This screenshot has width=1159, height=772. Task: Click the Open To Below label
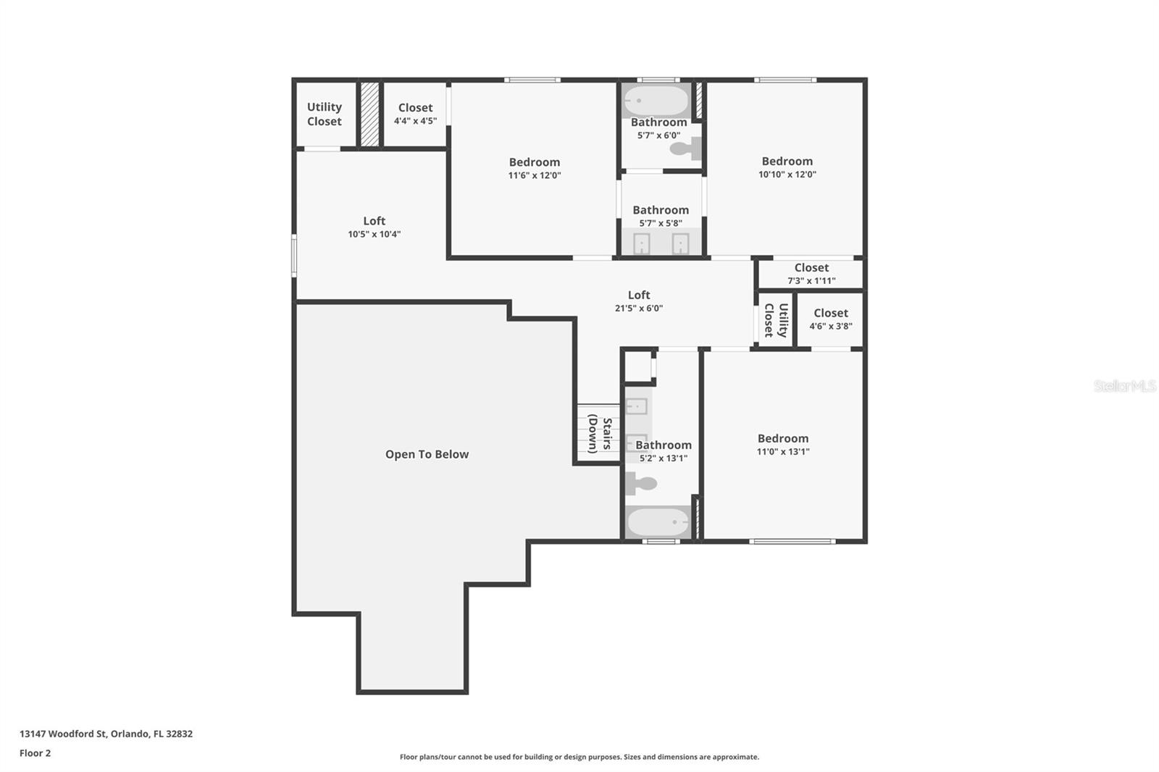click(x=427, y=454)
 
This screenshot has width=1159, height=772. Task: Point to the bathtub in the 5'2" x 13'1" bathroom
click(x=658, y=522)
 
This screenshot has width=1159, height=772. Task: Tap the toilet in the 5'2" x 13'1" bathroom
click(x=641, y=484)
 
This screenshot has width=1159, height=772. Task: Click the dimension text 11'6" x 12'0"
click(x=535, y=175)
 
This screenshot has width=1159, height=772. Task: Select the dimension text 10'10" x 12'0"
click(x=787, y=175)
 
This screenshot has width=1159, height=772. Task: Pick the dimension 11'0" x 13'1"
click(x=783, y=452)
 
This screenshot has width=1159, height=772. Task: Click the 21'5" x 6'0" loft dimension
click(x=638, y=309)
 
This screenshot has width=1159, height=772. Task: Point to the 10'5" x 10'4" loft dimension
click(x=374, y=235)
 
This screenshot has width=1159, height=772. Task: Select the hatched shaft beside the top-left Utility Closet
click(x=369, y=114)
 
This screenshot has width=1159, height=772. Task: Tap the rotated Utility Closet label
click(x=776, y=320)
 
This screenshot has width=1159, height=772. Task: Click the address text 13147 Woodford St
click(x=63, y=734)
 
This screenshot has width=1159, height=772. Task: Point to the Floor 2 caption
click(x=35, y=753)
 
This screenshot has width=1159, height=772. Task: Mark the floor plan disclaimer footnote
click(x=579, y=757)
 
